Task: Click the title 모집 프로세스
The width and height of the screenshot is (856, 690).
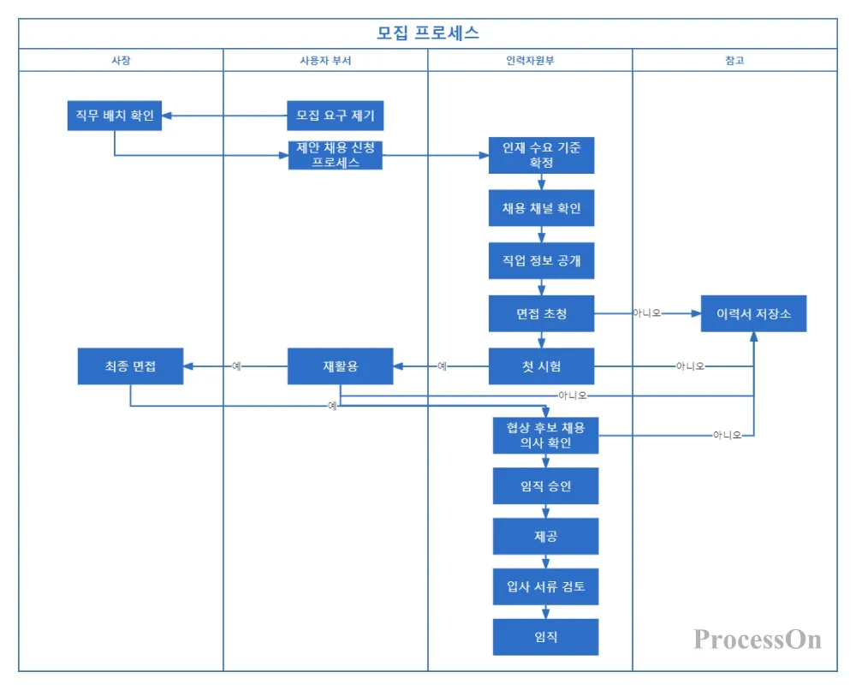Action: coord(428,33)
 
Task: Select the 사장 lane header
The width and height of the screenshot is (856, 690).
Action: coord(121,60)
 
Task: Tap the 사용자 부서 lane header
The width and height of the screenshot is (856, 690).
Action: coord(325,60)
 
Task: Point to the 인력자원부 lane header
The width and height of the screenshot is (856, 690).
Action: coord(530,60)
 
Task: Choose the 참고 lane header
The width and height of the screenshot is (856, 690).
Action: coord(734,60)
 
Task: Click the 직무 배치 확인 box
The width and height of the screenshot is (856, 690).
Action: coord(115,116)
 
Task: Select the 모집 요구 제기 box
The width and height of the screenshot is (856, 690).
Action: coord(336,116)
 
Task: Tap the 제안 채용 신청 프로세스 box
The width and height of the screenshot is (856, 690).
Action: coord(336,155)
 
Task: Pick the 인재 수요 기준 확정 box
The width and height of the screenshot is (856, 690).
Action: coord(541,155)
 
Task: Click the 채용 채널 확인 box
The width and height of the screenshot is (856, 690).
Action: coord(541,208)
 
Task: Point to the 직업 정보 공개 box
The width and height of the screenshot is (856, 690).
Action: coord(541,261)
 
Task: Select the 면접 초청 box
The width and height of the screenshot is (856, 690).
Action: coord(541,313)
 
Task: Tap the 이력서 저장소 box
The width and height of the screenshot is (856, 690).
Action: coord(753,313)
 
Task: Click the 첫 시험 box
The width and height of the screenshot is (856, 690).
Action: coord(541,366)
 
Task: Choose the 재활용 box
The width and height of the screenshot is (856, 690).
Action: coord(340,366)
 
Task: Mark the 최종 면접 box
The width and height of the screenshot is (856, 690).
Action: coord(130,366)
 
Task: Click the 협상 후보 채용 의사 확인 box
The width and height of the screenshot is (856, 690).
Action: coord(545,435)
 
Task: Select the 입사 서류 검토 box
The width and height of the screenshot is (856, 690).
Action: coord(545,587)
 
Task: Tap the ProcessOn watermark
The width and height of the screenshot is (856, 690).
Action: coord(758,639)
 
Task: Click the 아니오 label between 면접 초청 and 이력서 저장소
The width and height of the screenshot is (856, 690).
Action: coord(647,313)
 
